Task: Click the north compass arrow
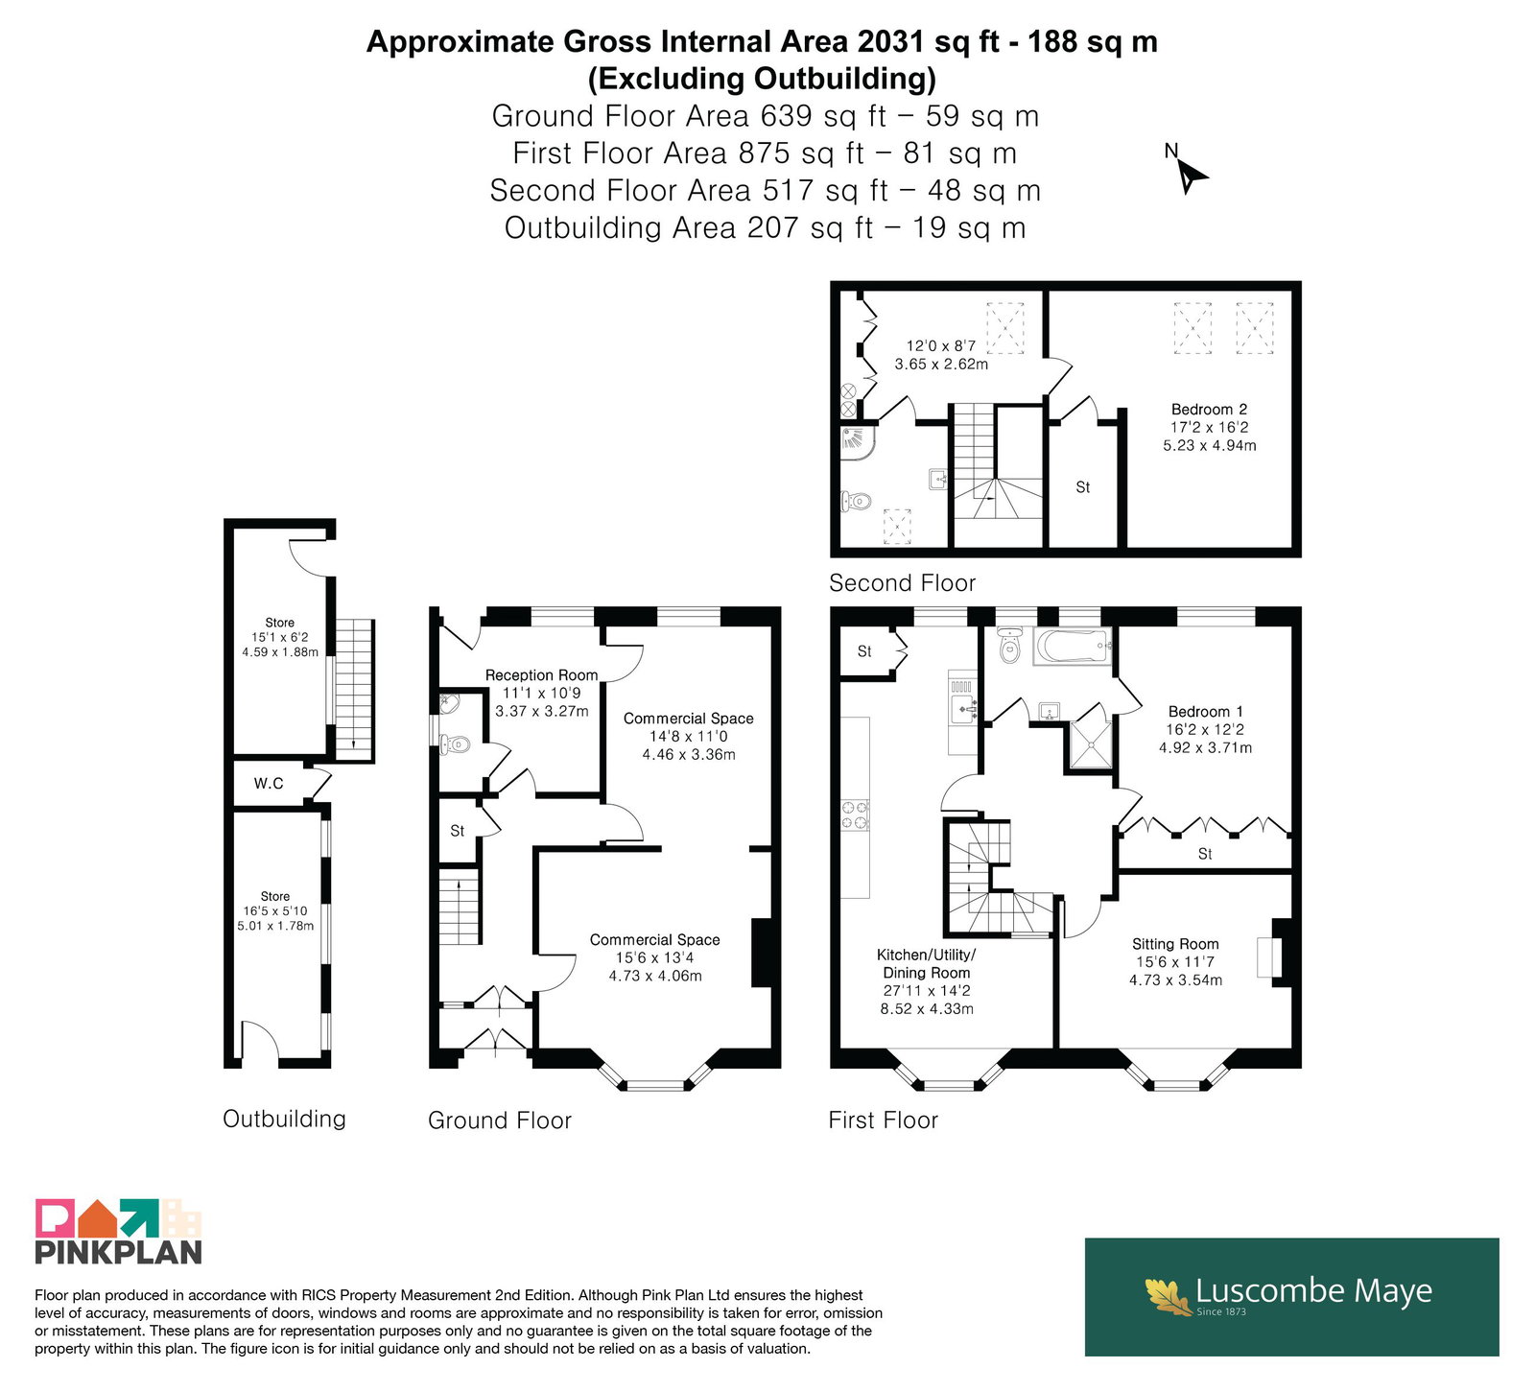pos(1192,177)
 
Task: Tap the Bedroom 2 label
pos(1209,410)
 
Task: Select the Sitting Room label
pos(1175,944)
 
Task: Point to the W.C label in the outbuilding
pos(269,784)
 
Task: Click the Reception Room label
pos(541,675)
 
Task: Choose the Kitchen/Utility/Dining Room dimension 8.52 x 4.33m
pos(927,1009)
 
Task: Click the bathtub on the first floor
pos(1073,647)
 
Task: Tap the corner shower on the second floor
pos(857,442)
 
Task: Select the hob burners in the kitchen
pos(856,814)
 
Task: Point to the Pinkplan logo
pos(119,1232)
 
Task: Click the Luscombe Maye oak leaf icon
pos(1168,1295)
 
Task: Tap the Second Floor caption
pos(902,583)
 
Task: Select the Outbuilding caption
pos(284,1119)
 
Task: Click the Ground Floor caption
pos(500,1121)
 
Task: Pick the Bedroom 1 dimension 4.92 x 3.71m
pos(1205,747)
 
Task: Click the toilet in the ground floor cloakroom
pos(455,743)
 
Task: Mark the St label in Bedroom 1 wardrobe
pos(1205,854)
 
